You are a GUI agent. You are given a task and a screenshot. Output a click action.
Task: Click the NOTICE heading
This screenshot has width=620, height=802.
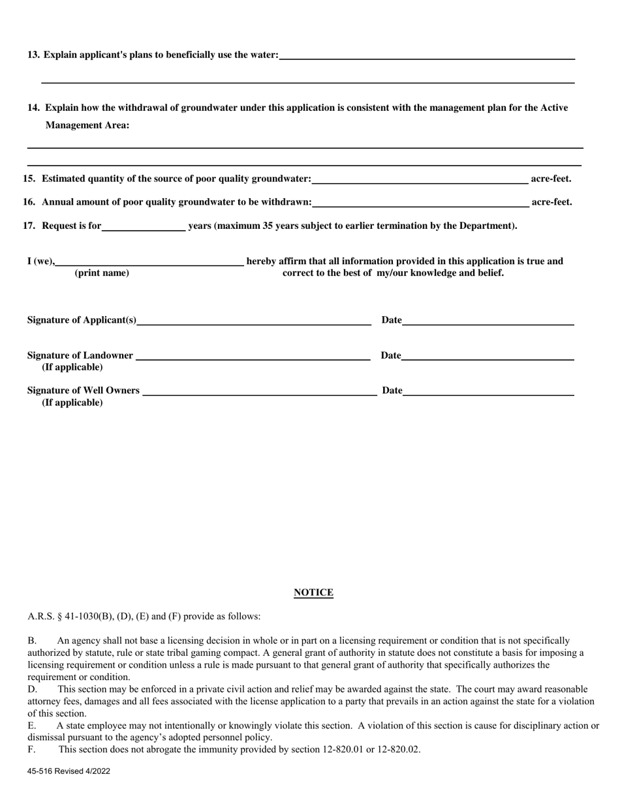click(x=313, y=593)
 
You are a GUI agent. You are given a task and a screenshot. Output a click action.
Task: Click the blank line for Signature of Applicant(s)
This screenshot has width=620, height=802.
click(x=254, y=319)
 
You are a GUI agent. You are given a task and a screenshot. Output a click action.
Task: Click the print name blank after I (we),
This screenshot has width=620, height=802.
click(x=149, y=261)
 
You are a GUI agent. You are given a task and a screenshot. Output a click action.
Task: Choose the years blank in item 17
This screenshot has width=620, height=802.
click(x=144, y=226)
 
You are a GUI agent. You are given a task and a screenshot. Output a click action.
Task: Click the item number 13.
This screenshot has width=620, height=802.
click(x=33, y=55)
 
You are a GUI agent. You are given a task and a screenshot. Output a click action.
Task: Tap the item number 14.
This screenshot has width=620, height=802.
click(x=33, y=108)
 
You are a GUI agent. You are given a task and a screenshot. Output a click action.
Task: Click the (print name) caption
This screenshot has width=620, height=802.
click(x=102, y=273)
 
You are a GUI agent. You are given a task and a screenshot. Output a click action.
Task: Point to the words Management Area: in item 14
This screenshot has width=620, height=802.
click(x=87, y=126)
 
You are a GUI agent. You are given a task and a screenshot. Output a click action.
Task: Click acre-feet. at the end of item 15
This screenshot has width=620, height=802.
click(x=551, y=179)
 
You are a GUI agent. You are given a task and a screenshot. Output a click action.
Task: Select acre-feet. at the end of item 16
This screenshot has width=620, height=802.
click(x=551, y=202)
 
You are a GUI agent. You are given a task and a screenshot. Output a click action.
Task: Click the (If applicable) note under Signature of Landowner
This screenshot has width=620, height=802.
click(x=72, y=367)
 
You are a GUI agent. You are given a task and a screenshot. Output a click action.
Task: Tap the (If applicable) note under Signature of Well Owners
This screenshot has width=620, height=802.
click(x=72, y=402)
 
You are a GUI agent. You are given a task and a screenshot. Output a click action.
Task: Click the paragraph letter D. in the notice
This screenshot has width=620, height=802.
click(x=32, y=689)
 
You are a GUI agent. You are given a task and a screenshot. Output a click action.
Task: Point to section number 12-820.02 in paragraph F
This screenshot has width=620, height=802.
click(x=395, y=749)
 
